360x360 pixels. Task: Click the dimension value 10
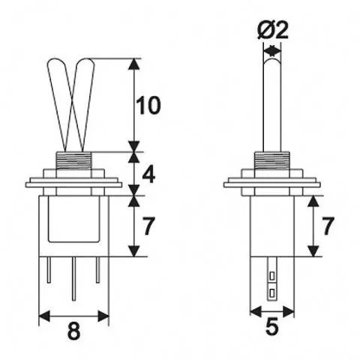point(149,106)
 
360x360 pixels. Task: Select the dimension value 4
point(148,174)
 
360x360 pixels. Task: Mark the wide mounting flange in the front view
point(73,182)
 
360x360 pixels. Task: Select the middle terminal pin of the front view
point(73,277)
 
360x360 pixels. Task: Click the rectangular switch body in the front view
point(73,221)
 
